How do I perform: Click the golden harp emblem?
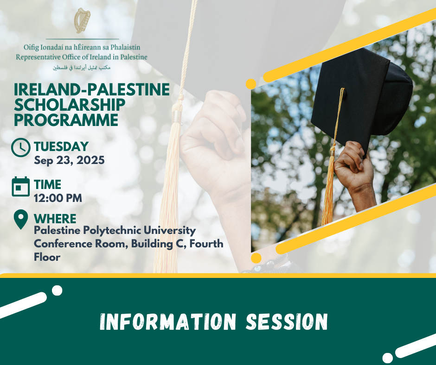(x=82, y=20)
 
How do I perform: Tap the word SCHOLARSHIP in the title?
(x=70, y=105)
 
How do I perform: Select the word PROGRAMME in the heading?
(x=66, y=120)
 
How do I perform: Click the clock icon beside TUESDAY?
(x=21, y=147)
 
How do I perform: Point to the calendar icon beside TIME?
(x=21, y=186)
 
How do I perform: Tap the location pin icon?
(x=21, y=220)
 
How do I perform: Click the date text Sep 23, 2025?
(x=69, y=160)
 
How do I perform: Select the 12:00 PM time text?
(x=58, y=198)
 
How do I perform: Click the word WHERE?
(x=55, y=219)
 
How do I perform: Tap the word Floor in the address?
(x=47, y=257)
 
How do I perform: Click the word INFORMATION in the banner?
(x=168, y=321)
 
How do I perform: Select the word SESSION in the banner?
(x=287, y=321)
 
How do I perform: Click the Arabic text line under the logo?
(x=82, y=68)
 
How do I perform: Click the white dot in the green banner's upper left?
(x=57, y=290)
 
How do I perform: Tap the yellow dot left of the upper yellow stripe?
(x=251, y=84)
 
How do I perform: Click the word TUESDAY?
(x=61, y=147)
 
